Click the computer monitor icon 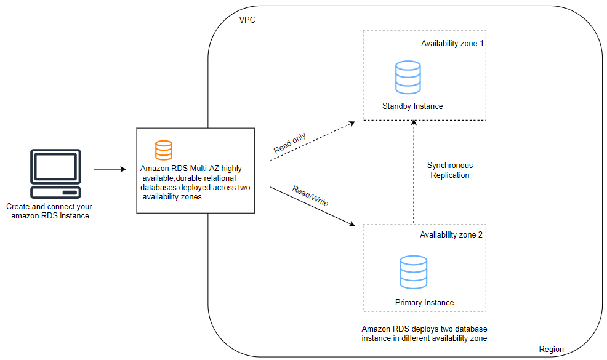(x=55, y=172)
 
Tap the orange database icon (x=164, y=150)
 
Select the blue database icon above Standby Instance (x=408, y=78)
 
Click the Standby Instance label (x=412, y=106)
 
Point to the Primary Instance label (x=424, y=303)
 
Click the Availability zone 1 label (x=452, y=44)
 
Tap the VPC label (x=247, y=20)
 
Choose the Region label (x=551, y=349)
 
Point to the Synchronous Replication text (x=449, y=170)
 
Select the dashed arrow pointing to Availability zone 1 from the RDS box (x=312, y=142)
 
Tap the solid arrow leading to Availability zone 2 (x=312, y=205)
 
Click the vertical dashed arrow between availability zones (x=413, y=172)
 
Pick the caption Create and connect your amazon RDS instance (x=50, y=212)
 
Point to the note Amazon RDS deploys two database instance (x=425, y=333)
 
